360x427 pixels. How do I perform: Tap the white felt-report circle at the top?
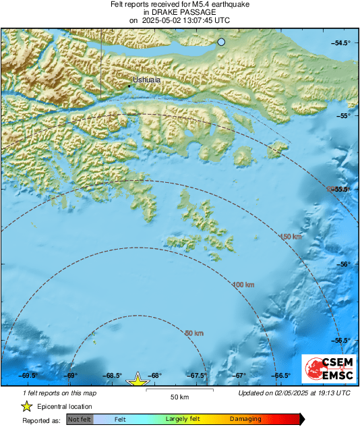[x=221, y=42]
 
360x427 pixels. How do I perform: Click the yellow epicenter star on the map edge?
[x=138, y=381]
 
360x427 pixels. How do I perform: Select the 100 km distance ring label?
[x=244, y=285]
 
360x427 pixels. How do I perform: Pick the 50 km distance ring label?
[x=193, y=333]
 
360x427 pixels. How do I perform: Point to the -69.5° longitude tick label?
[x=28, y=376]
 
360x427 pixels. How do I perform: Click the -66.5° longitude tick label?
[x=281, y=376]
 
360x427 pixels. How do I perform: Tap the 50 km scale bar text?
[x=179, y=396]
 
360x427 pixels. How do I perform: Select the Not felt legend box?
[x=80, y=419]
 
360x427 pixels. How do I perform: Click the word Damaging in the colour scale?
[x=245, y=419]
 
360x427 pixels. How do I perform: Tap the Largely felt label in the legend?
[x=181, y=419]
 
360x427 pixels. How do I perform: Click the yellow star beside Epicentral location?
[x=26, y=406]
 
